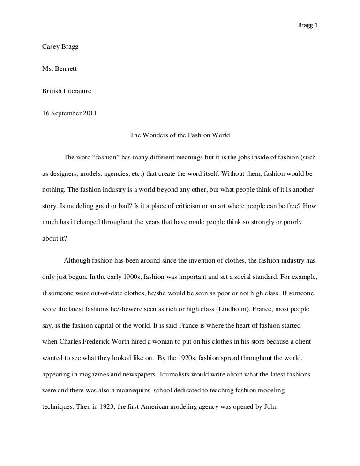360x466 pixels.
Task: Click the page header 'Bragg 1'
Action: tap(308, 13)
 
